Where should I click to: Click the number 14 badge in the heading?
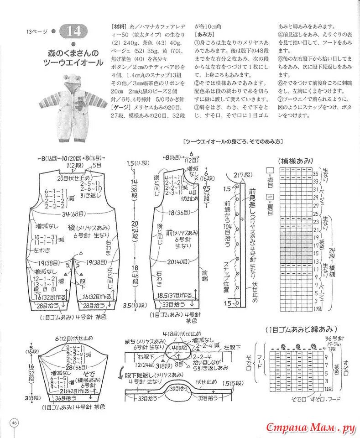point(74,31)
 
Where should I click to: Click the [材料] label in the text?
point(118,26)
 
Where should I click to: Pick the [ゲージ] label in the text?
point(120,106)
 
